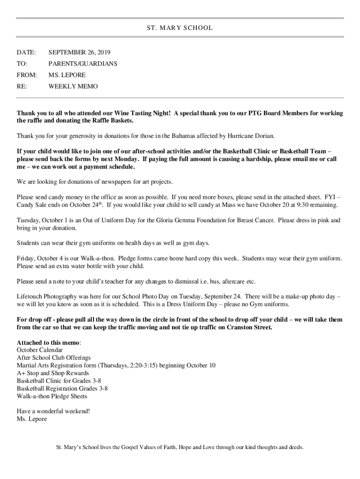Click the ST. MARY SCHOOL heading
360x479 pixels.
(x=180, y=28)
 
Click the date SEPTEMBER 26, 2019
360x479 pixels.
(x=79, y=52)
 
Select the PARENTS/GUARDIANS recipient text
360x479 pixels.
(x=83, y=64)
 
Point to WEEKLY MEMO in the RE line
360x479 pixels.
(x=73, y=87)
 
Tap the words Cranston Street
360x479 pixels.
(x=249, y=327)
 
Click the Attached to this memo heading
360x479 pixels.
(x=48, y=342)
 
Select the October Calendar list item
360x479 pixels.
(x=39, y=350)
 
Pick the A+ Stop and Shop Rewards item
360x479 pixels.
(x=53, y=373)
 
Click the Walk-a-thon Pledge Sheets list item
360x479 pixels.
(x=52, y=396)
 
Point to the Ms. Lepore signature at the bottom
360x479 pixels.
(x=32, y=419)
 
